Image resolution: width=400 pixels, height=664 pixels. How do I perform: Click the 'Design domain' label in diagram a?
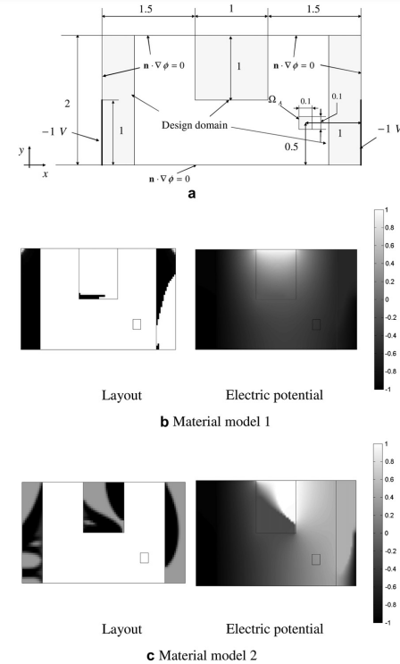pos(195,125)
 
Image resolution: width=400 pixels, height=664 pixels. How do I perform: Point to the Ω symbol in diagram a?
pos(272,99)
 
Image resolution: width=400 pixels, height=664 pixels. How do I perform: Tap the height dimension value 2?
pos(67,104)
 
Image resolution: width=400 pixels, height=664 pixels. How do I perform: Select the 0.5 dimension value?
pos(291,147)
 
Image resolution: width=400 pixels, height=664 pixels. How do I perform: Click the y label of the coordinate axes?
pos(21,150)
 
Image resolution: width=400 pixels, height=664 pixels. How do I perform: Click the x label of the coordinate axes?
pos(46,173)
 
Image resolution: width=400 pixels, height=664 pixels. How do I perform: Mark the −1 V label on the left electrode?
pos(54,131)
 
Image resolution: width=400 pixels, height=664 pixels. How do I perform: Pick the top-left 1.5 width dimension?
pos(146,9)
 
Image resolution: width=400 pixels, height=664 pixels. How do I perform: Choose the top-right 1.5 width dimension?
pos(313,9)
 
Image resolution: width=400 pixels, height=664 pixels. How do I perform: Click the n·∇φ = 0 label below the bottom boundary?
pos(170,179)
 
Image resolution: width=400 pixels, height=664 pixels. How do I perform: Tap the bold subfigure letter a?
pos(192,194)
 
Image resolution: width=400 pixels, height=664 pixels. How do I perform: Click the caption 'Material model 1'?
pos(221,422)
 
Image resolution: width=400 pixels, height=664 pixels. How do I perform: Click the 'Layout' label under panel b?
pos(121,395)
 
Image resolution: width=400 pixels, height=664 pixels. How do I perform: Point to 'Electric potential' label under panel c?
pos(274,629)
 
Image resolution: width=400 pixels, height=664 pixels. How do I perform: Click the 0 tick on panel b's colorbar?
pos(386,299)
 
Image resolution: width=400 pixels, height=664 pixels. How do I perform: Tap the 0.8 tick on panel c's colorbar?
pos(388,461)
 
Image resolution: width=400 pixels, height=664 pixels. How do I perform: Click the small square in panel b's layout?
pos(137,324)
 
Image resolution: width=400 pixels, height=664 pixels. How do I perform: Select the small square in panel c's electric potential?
pos(316,559)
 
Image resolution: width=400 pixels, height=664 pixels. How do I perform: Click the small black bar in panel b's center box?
pos(91,297)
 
